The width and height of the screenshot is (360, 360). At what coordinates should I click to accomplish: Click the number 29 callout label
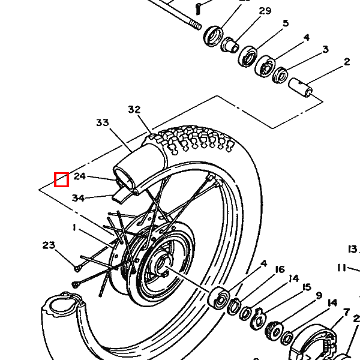(265, 11)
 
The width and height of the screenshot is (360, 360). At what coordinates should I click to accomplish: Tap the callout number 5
(286, 23)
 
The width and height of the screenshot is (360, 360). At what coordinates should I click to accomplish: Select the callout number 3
(325, 49)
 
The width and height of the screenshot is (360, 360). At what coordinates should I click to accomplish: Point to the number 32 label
(134, 109)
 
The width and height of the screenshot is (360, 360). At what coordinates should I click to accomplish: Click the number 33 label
(103, 122)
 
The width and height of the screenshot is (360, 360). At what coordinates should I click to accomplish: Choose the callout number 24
(80, 176)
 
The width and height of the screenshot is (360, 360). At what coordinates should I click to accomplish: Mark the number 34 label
(78, 198)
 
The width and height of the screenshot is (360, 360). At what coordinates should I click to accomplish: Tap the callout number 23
(49, 245)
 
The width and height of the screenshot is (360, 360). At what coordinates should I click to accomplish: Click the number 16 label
(280, 269)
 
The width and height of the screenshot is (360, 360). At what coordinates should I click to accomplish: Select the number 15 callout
(307, 287)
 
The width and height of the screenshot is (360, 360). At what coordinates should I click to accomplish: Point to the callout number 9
(319, 296)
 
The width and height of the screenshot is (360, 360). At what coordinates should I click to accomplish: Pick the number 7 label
(346, 312)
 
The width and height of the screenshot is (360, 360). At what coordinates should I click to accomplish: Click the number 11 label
(341, 268)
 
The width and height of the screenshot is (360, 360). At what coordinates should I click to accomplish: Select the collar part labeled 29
(230, 44)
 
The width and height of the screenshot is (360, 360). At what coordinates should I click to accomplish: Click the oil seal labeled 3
(280, 74)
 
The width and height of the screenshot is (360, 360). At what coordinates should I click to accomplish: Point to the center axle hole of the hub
(161, 268)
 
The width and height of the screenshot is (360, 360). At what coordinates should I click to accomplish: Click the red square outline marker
(61, 179)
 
